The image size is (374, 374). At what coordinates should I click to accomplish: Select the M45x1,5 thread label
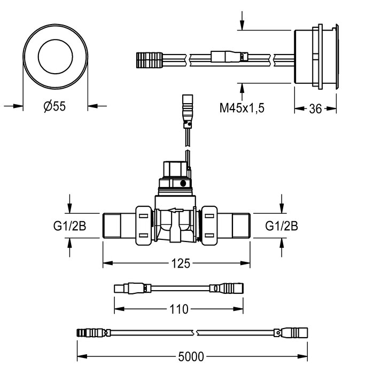(243, 108)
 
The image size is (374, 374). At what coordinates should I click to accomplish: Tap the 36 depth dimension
(315, 108)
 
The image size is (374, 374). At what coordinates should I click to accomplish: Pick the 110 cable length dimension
(178, 309)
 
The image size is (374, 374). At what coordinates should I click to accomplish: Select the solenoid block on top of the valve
(176, 176)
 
